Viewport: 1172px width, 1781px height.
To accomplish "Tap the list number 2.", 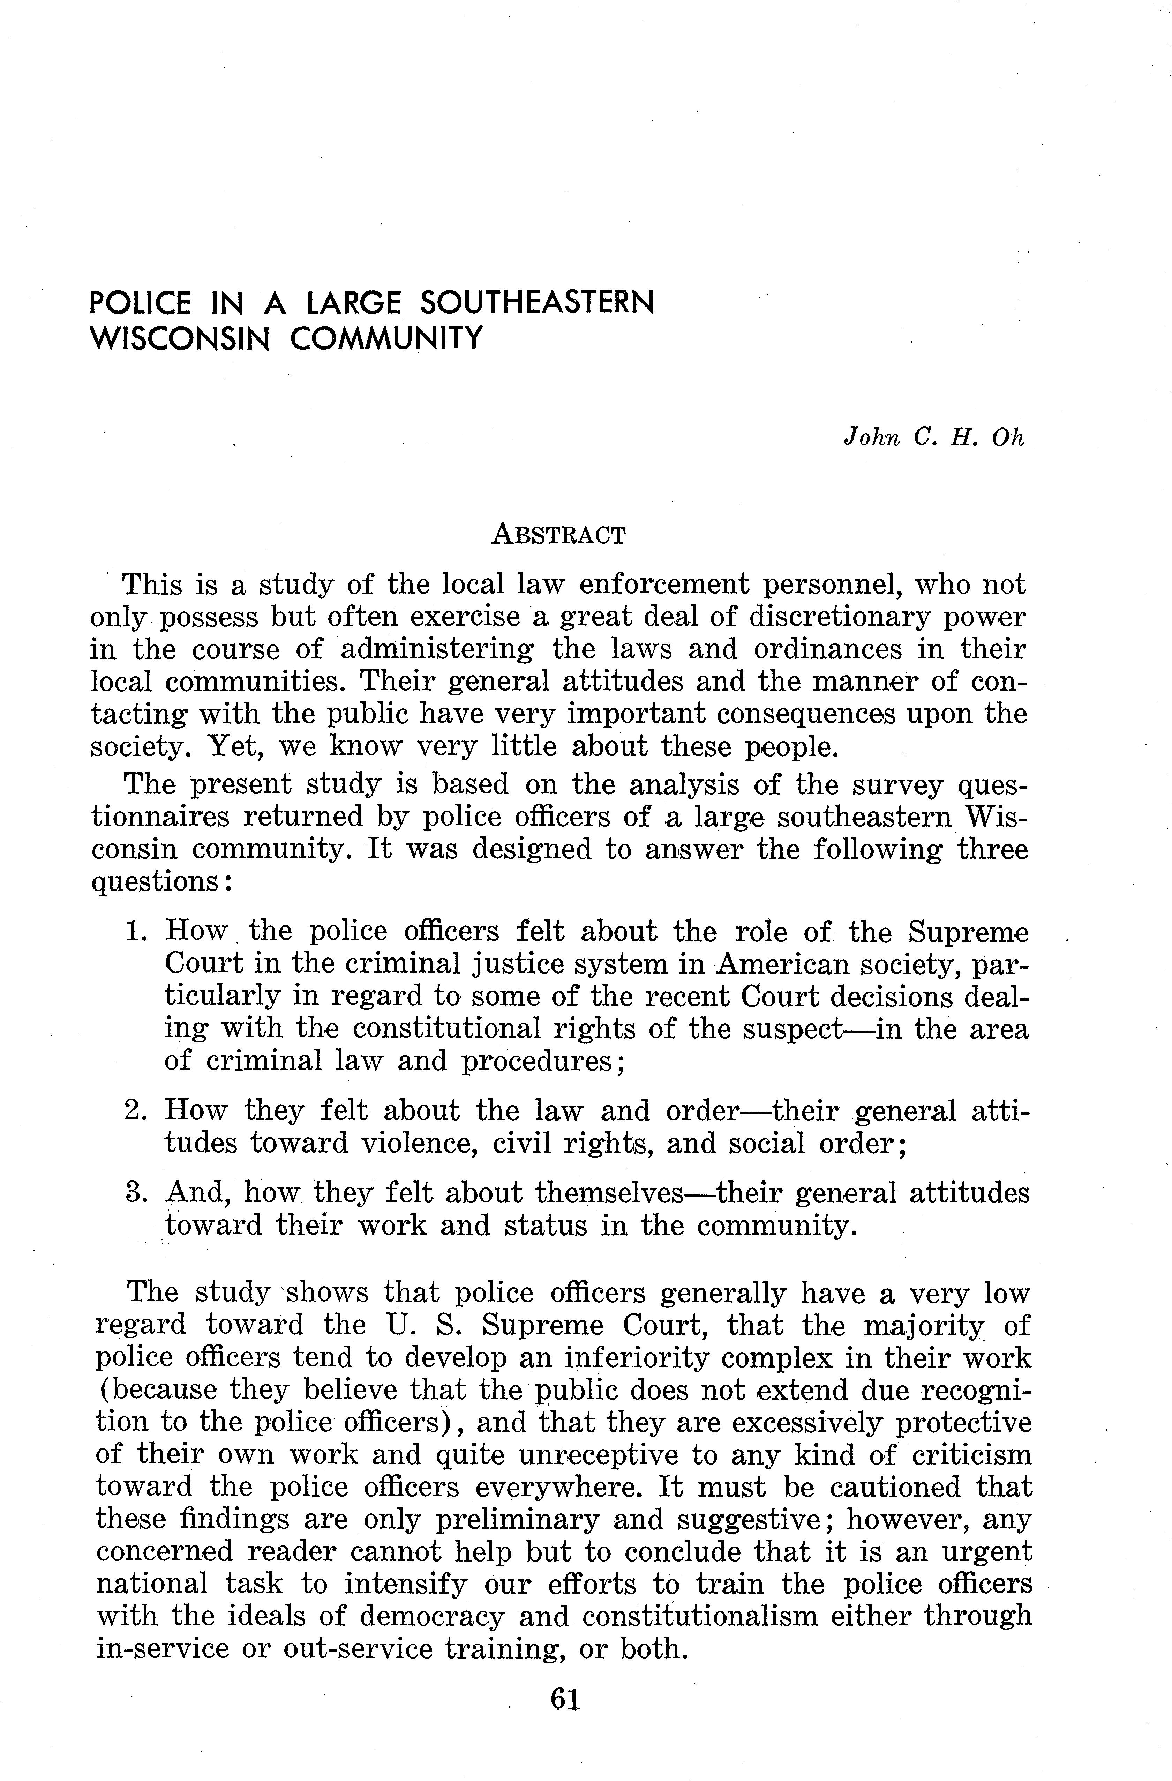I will [x=135, y=1110].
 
